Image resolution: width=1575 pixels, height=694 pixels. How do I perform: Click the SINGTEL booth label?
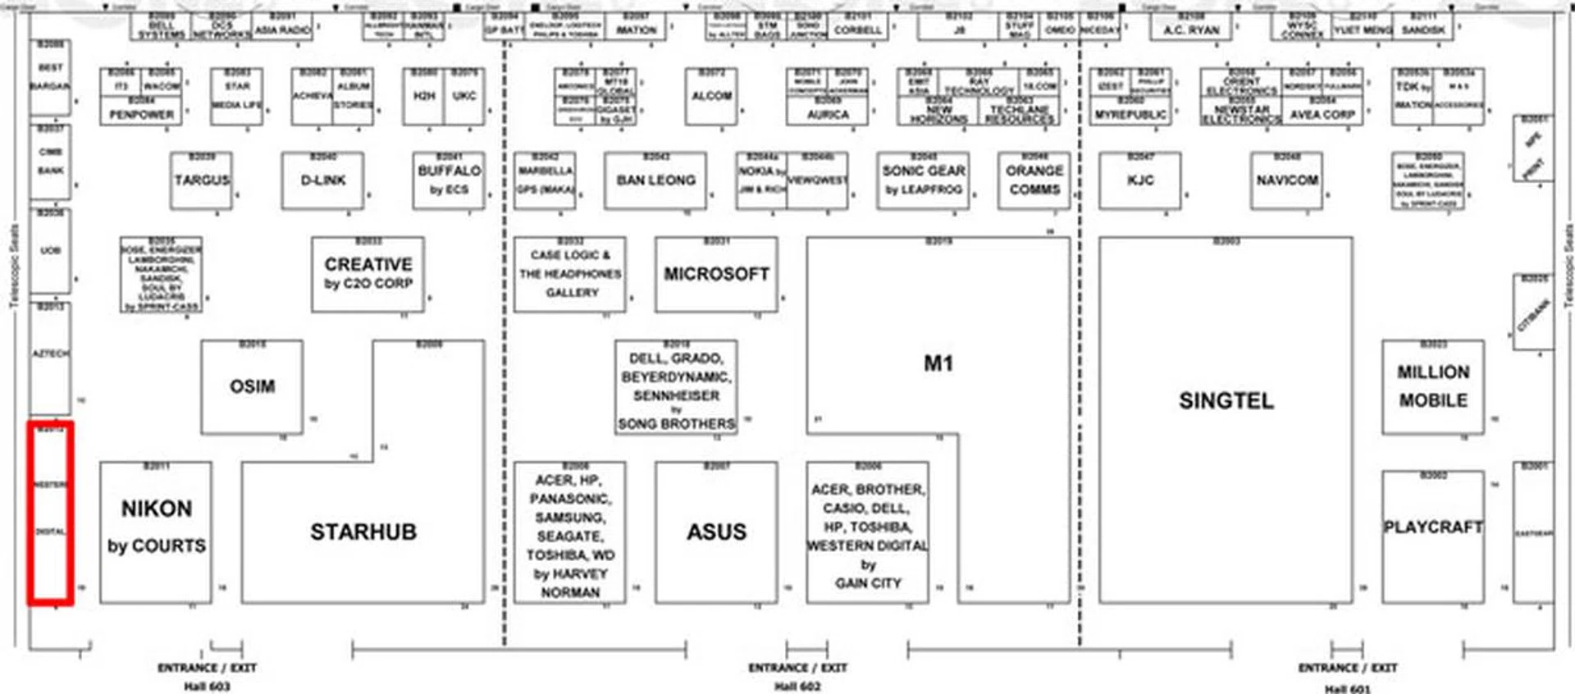[x=1226, y=401]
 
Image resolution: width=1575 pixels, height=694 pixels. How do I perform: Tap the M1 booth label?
[x=938, y=363]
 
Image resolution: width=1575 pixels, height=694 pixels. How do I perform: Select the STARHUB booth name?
[x=363, y=532]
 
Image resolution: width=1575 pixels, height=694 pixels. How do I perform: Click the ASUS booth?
[x=716, y=532]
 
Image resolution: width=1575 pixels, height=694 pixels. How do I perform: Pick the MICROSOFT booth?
[x=716, y=274]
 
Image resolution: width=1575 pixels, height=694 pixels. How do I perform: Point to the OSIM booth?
[x=252, y=386]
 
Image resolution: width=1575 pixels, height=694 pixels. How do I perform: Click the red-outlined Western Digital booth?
[x=51, y=514]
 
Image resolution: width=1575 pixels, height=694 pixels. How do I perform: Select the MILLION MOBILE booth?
[x=1432, y=386]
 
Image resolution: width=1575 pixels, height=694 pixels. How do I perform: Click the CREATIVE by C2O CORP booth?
[x=367, y=274]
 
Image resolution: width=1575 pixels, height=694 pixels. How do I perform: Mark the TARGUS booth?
[x=202, y=180]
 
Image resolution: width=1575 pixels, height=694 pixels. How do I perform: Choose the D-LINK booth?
[x=322, y=180]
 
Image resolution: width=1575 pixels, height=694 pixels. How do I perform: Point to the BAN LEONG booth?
[x=655, y=180]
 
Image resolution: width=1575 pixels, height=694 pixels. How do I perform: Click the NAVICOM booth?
[x=1286, y=180]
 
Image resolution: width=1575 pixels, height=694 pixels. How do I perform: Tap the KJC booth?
[x=1140, y=180]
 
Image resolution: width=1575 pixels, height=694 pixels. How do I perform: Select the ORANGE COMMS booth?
[x=1034, y=180]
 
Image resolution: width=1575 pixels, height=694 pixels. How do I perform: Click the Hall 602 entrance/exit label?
[x=797, y=676]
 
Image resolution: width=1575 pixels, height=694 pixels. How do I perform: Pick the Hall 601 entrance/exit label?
[x=1347, y=677]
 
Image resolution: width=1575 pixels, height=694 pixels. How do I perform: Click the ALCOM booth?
[x=711, y=97]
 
